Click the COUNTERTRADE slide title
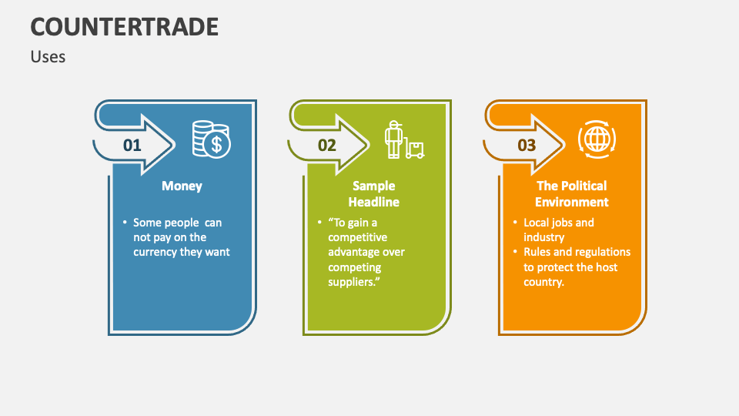tap(125, 27)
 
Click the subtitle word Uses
tap(48, 57)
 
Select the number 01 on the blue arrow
tap(132, 145)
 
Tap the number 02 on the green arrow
tap(327, 145)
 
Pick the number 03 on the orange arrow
tap(527, 145)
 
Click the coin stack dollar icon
tap(210, 139)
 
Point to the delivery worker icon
tap(403, 139)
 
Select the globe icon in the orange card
tap(597, 139)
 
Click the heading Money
tap(182, 186)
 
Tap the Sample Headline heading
tap(373, 193)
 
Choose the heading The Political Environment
tap(571, 193)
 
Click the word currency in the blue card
tap(155, 252)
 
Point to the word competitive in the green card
tap(357, 237)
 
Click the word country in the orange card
tap(543, 282)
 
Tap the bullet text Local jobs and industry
tap(558, 230)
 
